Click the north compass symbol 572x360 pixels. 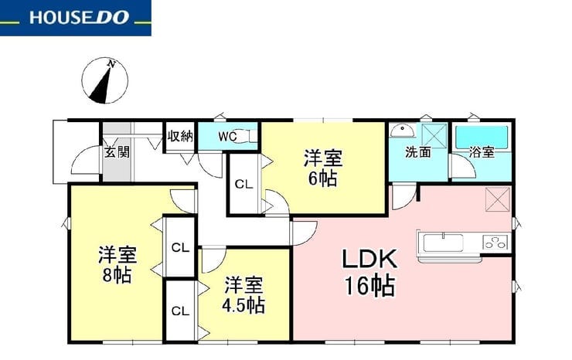(104, 80)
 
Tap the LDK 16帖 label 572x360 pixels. (369, 272)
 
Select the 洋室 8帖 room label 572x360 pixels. (117, 265)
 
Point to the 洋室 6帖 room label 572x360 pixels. (323, 168)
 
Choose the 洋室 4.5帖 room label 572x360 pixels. (243, 295)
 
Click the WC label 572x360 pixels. (227, 137)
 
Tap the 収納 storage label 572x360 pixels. (180, 136)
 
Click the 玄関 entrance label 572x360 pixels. (117, 151)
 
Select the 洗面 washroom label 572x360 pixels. (418, 152)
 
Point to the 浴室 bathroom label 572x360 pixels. (482, 151)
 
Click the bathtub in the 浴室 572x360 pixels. (482, 138)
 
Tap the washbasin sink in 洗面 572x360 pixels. (402, 131)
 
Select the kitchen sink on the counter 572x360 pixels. (443, 243)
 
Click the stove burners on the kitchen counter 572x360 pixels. (495, 243)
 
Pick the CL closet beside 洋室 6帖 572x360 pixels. (243, 184)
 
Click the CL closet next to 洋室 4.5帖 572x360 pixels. (181, 311)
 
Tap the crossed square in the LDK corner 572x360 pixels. (497, 199)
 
